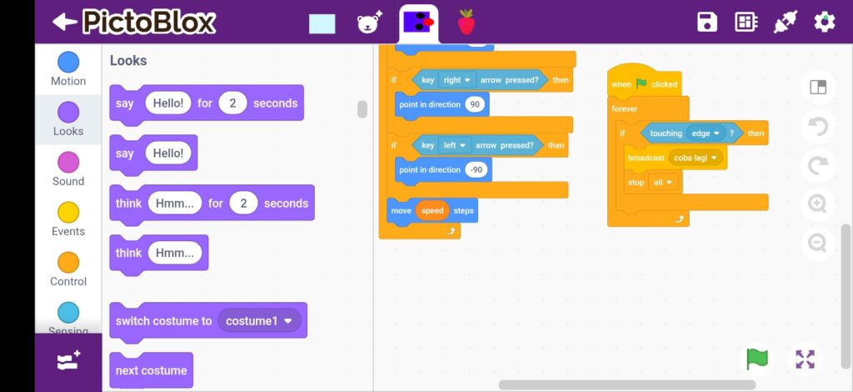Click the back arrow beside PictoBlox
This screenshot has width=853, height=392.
coord(65,22)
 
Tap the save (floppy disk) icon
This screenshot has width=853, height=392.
coord(707,22)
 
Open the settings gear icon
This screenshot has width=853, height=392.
coord(825,22)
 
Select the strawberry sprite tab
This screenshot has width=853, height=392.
coord(466,23)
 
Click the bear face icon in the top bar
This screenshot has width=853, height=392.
coord(369,23)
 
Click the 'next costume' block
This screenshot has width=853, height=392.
coord(151,370)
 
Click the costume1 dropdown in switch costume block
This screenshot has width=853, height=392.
coord(260,320)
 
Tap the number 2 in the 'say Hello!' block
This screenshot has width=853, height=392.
coord(233,103)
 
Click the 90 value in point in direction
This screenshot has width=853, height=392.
coord(475,104)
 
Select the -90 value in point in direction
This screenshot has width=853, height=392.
coord(476,169)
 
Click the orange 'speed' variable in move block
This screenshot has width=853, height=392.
coord(432,210)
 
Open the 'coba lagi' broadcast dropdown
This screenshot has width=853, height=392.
coord(696,158)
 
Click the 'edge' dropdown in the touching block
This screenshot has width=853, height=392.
coord(705,133)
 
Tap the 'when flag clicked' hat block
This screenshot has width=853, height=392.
coord(645,83)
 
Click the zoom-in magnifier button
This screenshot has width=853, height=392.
coord(817,204)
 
